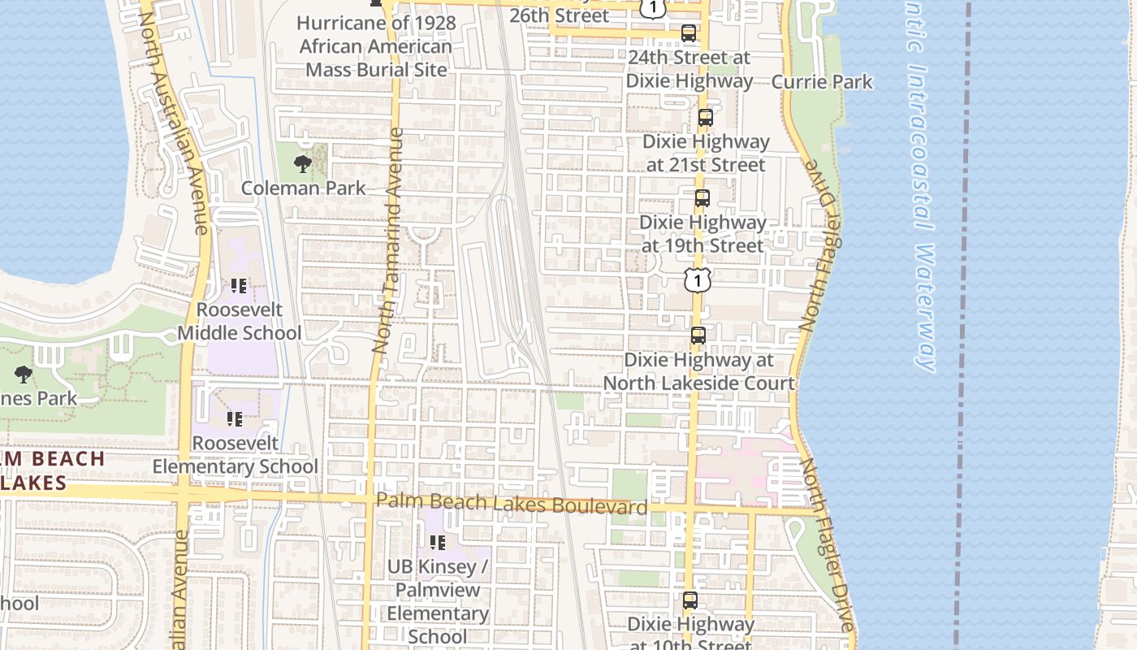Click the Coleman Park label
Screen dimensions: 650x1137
(x=303, y=188)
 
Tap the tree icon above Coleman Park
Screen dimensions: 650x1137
(x=303, y=164)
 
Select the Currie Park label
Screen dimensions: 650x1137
(x=821, y=81)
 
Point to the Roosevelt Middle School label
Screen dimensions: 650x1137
(x=239, y=321)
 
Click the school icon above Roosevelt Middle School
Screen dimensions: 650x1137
(x=239, y=286)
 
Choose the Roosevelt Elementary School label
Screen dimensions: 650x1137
(x=236, y=455)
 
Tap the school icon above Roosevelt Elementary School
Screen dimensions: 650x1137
(x=235, y=419)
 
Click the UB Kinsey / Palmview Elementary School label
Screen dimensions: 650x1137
(x=438, y=601)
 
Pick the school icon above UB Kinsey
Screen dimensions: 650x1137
(x=438, y=542)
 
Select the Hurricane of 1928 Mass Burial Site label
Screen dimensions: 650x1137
(x=375, y=45)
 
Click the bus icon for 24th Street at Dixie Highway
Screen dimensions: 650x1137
(x=689, y=33)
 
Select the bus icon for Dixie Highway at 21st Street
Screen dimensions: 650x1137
(x=705, y=118)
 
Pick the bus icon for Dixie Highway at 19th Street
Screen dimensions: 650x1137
(x=703, y=198)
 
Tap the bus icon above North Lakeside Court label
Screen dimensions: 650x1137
(x=698, y=336)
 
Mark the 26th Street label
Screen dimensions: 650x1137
(x=559, y=15)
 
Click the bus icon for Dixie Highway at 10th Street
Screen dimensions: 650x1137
(x=690, y=601)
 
